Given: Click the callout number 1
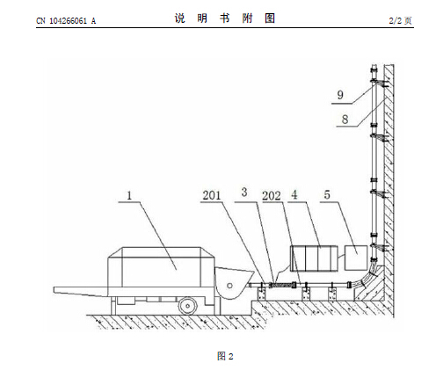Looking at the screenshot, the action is point(129,195).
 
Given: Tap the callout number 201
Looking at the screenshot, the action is point(212,195).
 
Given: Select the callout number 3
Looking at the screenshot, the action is point(244,192).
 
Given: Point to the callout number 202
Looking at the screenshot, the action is point(272,196).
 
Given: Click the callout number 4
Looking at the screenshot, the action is point(294,194).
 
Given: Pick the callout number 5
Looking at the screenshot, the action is point(327,194).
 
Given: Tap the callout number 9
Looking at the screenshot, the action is point(340,95).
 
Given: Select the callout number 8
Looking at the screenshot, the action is point(345,120).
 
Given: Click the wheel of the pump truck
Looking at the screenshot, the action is point(187,306).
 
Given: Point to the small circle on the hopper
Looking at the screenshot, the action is point(229,286).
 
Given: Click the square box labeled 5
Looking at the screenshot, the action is point(356,258).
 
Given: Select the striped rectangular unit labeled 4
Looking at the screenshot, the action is point(314,258).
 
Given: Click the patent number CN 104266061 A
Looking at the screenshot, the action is point(66,21).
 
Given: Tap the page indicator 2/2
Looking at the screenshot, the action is point(396,20).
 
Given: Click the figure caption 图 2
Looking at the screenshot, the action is point(225,356).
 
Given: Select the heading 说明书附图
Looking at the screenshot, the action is point(225,18).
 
